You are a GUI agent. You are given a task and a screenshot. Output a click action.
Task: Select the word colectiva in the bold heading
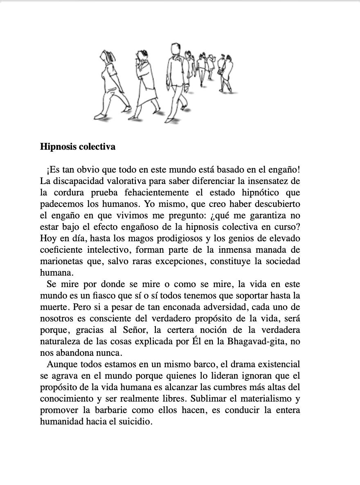[x=97, y=146]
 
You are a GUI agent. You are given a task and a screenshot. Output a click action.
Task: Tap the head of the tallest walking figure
[x=175, y=48]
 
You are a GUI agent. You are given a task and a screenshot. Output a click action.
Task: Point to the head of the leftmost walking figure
[x=108, y=55]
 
